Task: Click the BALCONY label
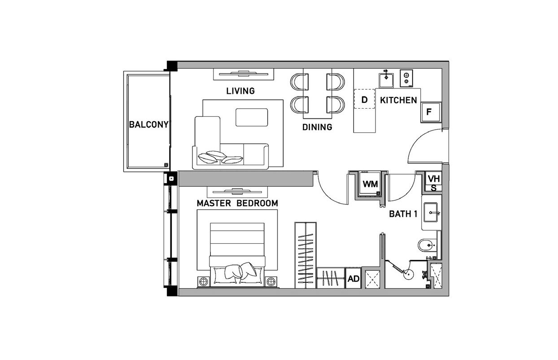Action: click(149, 124)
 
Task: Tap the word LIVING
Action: click(240, 91)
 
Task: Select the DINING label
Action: click(317, 127)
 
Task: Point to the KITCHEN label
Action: click(398, 100)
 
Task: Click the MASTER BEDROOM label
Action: click(237, 203)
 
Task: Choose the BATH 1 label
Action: click(403, 214)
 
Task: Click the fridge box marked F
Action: click(431, 112)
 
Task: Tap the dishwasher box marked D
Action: click(364, 99)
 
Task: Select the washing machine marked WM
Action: click(370, 184)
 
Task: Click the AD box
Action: click(353, 278)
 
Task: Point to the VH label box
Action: click(434, 179)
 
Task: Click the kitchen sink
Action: click(386, 80)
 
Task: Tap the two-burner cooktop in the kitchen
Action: click(406, 78)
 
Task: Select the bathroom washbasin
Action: click(432, 213)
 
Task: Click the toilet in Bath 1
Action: click(427, 246)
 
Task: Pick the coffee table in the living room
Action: click(252, 117)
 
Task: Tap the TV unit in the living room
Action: click(244, 74)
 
